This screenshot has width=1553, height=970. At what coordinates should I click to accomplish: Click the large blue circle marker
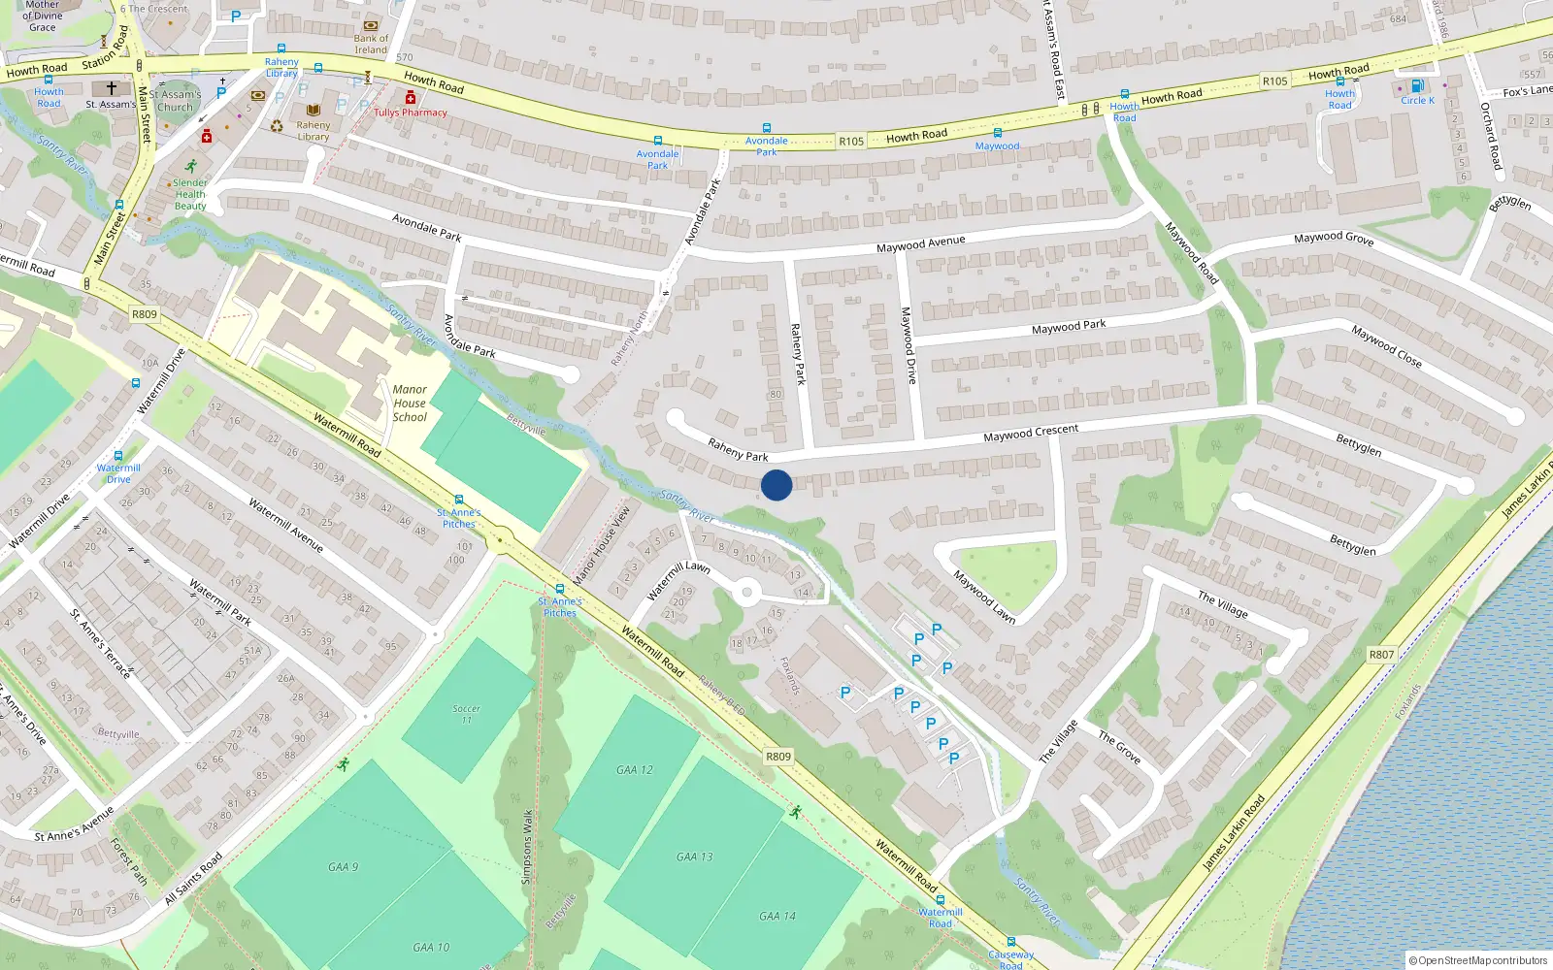pos(776,485)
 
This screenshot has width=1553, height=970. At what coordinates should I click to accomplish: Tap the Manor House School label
pos(410,404)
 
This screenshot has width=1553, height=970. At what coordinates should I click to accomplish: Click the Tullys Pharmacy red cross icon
pos(411,98)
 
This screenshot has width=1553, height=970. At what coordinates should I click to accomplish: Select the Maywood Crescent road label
pos(1031,433)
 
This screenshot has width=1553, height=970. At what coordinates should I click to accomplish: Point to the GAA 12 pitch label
pos(635,770)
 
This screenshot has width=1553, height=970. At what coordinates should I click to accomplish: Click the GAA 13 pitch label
pos(695,857)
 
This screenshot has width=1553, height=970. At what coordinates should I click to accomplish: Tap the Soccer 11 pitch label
pos(467,714)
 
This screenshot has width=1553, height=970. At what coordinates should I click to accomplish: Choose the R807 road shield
pos(1381,655)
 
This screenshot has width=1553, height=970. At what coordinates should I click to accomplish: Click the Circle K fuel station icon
pos(1417,86)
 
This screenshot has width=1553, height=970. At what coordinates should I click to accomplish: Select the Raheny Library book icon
pos(314,111)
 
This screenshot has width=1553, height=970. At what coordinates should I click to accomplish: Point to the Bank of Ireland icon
pos(370,26)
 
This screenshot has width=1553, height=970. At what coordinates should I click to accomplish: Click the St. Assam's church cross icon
pos(112,88)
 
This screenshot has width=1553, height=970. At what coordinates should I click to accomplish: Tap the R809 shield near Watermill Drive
pos(145,314)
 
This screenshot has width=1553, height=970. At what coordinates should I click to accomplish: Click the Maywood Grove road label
pos(1334,238)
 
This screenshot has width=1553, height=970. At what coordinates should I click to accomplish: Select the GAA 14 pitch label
pos(777,916)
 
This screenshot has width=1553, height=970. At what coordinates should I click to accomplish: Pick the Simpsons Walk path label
pos(528,847)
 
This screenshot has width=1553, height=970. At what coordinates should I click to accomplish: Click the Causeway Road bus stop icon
pos(1010,942)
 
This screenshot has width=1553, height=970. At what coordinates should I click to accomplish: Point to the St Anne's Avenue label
pos(75,823)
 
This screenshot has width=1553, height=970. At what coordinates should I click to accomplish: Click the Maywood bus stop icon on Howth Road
pos(997,133)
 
